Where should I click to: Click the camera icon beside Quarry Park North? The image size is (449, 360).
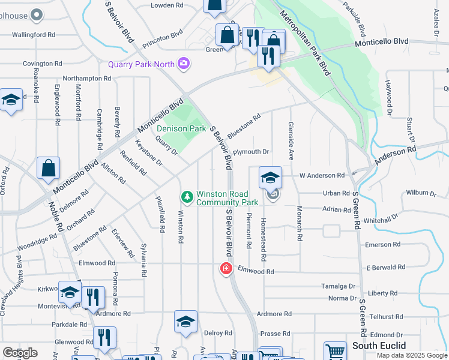(x=184, y=64)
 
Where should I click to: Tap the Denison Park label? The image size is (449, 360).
(x=181, y=128)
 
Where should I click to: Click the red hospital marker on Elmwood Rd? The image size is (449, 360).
(x=226, y=269)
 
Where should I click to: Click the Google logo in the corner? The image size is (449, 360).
(x=20, y=353)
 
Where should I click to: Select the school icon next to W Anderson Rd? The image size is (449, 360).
(x=271, y=178)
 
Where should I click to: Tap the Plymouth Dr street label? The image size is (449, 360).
(x=251, y=152)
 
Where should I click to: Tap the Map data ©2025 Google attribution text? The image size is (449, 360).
(x=411, y=355)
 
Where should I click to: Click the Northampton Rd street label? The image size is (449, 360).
(x=87, y=79)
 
